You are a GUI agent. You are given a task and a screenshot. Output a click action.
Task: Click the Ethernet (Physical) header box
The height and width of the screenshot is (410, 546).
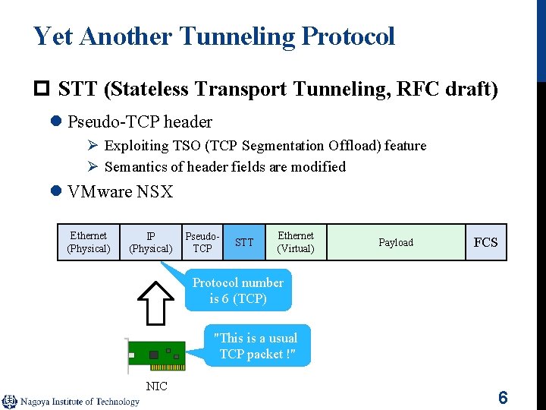[x=89, y=242]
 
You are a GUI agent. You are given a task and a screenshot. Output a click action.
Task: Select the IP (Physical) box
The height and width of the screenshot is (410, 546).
[x=151, y=242]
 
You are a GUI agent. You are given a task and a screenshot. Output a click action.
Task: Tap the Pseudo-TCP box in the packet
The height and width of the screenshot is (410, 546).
[x=202, y=242]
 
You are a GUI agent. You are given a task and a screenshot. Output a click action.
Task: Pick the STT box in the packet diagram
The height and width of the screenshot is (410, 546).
[x=244, y=243]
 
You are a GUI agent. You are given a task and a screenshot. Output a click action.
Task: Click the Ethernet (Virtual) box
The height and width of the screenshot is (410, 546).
[x=296, y=242]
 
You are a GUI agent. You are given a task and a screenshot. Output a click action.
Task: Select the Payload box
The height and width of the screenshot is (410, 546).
[x=396, y=243]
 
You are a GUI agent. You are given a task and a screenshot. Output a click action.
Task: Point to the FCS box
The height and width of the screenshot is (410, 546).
[x=485, y=243]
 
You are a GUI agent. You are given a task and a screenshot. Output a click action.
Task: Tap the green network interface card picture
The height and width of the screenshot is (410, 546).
[x=155, y=355]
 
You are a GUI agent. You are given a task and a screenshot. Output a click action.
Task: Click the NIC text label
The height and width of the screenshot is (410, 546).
[x=156, y=386]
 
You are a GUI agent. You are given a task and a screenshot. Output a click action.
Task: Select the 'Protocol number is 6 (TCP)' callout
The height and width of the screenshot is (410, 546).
[x=238, y=291]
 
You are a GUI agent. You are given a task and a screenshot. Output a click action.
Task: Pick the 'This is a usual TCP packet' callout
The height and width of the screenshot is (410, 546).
[x=257, y=346]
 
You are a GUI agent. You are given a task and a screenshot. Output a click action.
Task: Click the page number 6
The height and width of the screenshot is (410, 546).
[x=502, y=397]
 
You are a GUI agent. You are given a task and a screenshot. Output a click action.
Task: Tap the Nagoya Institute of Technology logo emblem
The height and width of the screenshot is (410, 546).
[x=10, y=402]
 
